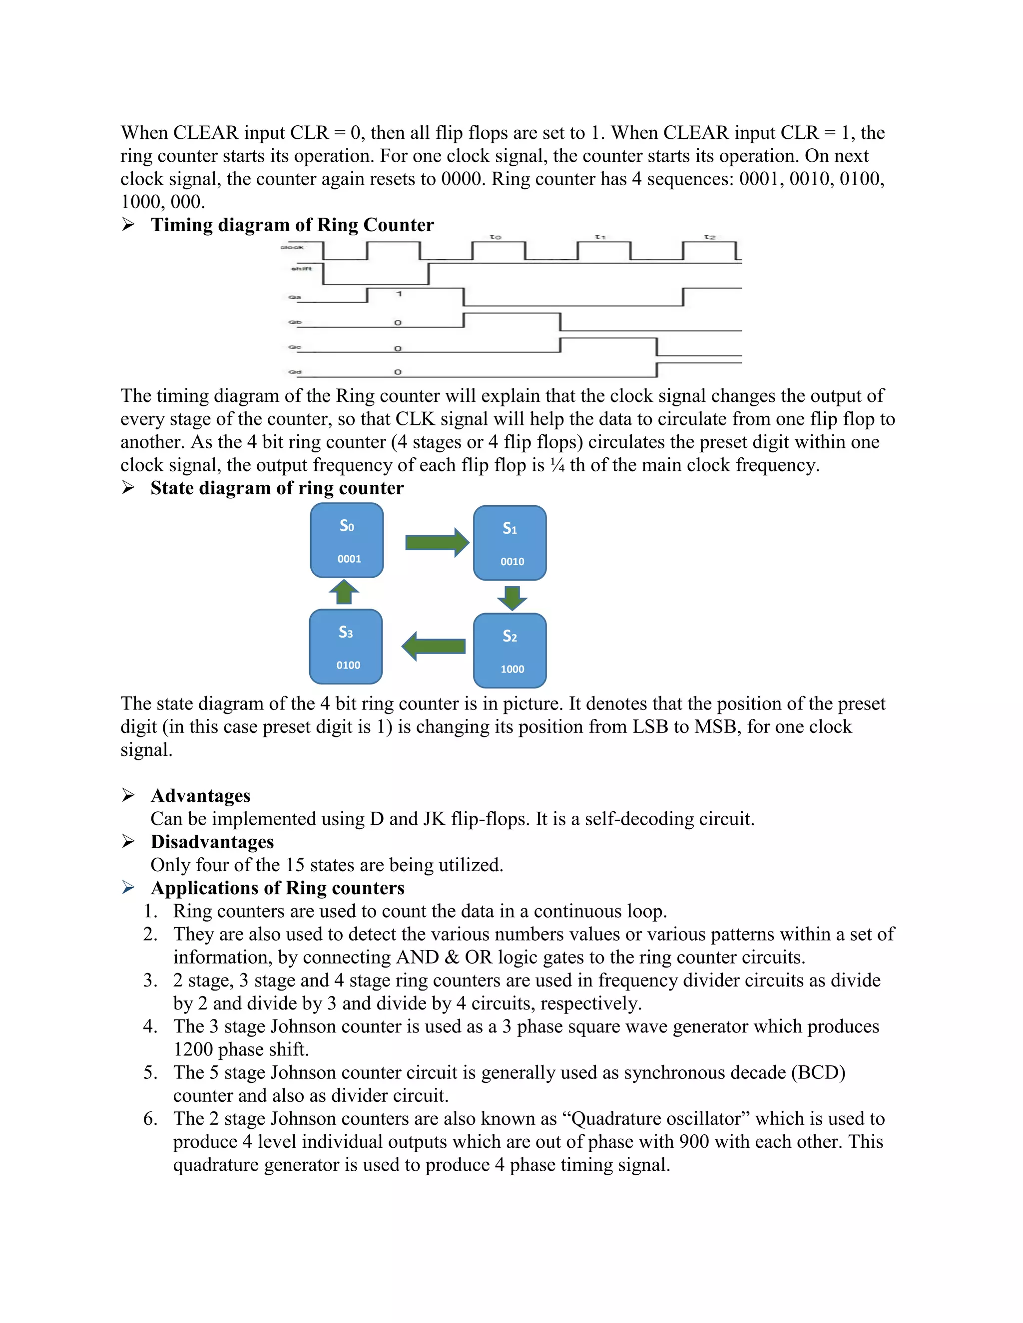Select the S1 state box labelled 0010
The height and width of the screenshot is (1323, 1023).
coord(510,543)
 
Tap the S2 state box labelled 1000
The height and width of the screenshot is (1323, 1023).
coord(510,651)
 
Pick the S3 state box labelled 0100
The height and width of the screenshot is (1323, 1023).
coord(346,647)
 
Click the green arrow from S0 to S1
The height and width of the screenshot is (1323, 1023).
coord(437,542)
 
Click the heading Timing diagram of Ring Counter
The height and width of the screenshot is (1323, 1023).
coord(292,225)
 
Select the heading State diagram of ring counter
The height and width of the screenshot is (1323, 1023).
coord(277,488)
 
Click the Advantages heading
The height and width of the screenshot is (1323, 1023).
coord(201,795)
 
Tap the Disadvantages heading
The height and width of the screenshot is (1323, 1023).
coord(212,841)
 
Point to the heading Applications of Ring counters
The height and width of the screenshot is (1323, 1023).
coord(278,888)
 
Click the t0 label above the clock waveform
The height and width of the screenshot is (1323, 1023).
coord(496,237)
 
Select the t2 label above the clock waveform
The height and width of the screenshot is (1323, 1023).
coord(710,237)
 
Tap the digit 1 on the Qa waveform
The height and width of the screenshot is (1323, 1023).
coord(399,294)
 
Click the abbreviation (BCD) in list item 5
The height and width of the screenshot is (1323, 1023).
coord(818,1072)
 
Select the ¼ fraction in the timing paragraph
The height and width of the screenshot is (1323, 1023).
coord(557,465)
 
